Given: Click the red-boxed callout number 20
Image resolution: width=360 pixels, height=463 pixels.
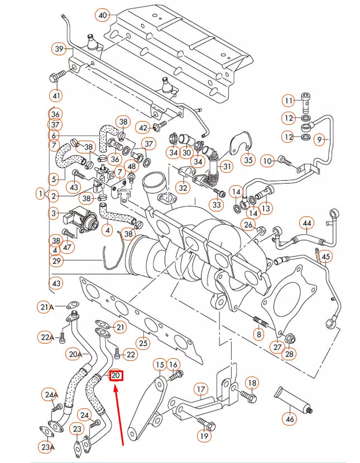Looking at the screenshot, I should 116,375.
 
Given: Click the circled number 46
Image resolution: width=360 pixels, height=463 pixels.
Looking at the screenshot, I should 289,418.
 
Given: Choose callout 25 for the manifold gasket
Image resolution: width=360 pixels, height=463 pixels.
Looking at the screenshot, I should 143,342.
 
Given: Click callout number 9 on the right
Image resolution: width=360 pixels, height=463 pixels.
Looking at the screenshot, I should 319,140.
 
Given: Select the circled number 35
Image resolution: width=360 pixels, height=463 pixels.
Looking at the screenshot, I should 248,160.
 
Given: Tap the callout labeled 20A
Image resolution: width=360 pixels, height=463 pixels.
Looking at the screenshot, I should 74,354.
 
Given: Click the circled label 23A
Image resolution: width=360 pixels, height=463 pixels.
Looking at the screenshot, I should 47,446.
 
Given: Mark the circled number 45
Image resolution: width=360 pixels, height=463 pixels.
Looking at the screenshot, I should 326,257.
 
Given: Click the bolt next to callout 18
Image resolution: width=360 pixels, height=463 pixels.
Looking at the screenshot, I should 247,398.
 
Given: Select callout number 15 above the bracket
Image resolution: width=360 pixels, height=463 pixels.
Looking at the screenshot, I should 160,365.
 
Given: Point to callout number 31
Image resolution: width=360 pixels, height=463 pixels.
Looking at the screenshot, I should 227,166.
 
